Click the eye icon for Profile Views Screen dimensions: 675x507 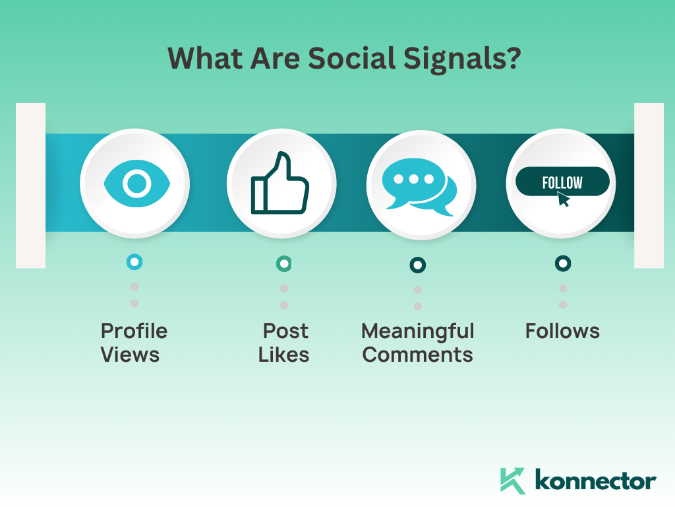point(137,184)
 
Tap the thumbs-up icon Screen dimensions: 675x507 point(279,184)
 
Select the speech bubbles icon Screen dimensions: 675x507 point(419,187)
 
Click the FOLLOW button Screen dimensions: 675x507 point(562,182)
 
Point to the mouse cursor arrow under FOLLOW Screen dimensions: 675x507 point(563,199)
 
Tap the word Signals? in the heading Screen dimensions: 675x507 point(462,59)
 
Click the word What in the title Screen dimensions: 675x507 point(206,58)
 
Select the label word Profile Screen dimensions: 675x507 point(134,331)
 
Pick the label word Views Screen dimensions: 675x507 point(130,355)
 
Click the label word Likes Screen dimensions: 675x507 point(283,355)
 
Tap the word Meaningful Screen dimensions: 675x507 point(417,332)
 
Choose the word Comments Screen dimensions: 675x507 point(417,355)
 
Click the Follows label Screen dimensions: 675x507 point(562,331)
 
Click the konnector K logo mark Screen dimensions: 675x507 point(512,480)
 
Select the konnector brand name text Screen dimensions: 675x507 point(596,481)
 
